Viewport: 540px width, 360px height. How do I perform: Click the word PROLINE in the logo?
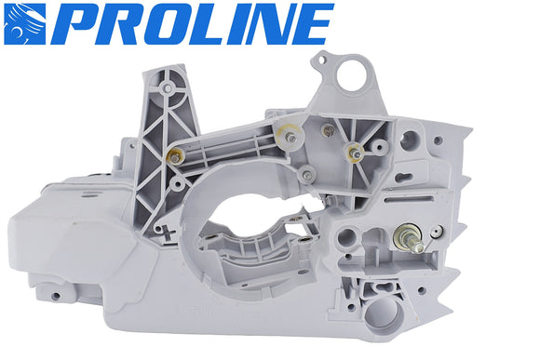(186, 25)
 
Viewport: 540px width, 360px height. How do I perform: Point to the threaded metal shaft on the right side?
(411, 241)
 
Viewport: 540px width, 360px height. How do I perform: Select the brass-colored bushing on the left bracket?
(174, 152)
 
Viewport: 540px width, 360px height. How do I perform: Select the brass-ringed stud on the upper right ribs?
(355, 149)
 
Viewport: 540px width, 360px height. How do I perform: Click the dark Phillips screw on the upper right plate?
(327, 129)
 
